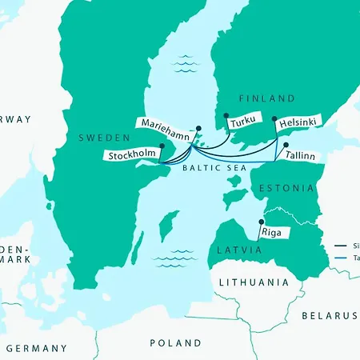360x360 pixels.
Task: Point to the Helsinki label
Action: (298, 122)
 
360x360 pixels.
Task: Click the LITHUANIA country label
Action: (254, 282)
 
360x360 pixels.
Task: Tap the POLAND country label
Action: (176, 343)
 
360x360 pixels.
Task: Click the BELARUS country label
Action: (330, 316)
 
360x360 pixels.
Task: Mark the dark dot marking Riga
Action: (260, 222)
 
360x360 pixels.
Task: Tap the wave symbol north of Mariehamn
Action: (186, 62)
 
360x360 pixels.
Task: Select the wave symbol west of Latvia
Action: (174, 256)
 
